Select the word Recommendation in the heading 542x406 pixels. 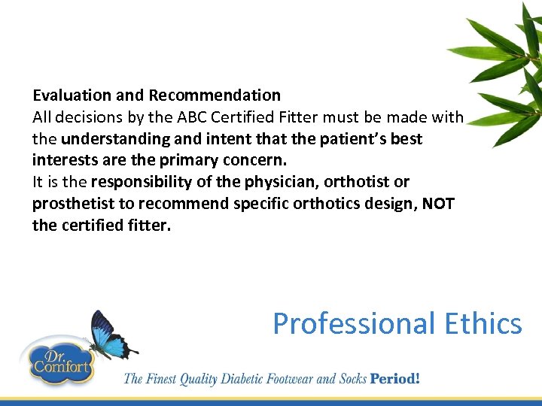[215, 95]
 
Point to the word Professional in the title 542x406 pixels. [353, 324]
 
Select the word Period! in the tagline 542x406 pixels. [394, 378]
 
